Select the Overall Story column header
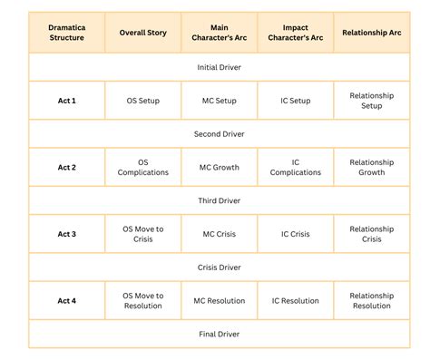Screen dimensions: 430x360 pyautogui.click(x=143, y=34)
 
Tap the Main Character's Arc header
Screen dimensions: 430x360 pyautogui.click(x=220, y=34)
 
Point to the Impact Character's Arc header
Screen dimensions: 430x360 pyautogui.click(x=295, y=34)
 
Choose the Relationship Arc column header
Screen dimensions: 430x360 pyautogui.click(x=372, y=34)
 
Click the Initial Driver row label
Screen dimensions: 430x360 pyautogui.click(x=219, y=67)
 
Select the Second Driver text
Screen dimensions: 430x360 pyautogui.click(x=219, y=133)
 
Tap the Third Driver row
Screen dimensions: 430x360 pyautogui.click(x=219, y=200)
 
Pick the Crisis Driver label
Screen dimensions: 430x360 pyautogui.click(x=219, y=267)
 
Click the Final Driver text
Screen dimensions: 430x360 pyautogui.click(x=219, y=333)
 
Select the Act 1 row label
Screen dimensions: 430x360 pyautogui.click(x=67, y=101)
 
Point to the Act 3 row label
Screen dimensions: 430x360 pyautogui.click(x=67, y=234)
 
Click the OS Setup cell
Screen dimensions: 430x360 pyautogui.click(x=143, y=101)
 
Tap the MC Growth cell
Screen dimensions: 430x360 pyautogui.click(x=220, y=168)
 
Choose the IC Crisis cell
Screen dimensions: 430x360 pyautogui.click(x=295, y=234)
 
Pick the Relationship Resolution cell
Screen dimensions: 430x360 pyautogui.click(x=372, y=300)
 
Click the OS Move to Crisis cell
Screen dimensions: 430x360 pyautogui.click(x=143, y=234)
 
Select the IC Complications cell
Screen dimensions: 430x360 pyautogui.click(x=295, y=168)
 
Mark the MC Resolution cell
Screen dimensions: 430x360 pyautogui.click(x=220, y=300)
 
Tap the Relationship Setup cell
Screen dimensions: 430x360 pyautogui.click(x=372, y=101)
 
